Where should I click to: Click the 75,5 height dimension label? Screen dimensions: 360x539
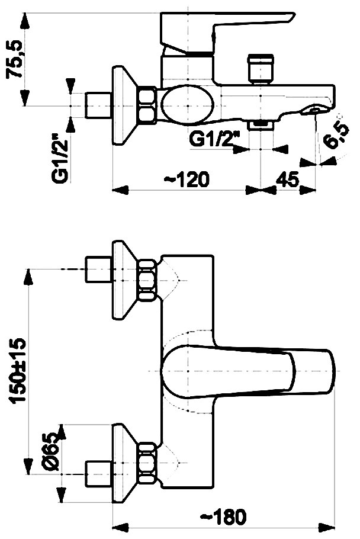click(14, 59)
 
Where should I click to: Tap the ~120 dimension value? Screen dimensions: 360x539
click(186, 179)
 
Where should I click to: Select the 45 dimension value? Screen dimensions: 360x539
click(288, 179)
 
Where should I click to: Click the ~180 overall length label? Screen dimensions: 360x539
click(223, 516)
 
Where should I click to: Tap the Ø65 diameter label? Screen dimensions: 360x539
click(50, 451)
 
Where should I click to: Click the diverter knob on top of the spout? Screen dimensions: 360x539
click(261, 68)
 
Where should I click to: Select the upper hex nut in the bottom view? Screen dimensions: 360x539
click(147, 280)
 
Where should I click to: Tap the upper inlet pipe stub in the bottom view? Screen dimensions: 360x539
click(98, 269)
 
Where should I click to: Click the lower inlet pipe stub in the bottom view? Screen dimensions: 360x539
click(98, 474)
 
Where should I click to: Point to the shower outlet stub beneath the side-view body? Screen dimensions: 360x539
click(261, 124)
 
